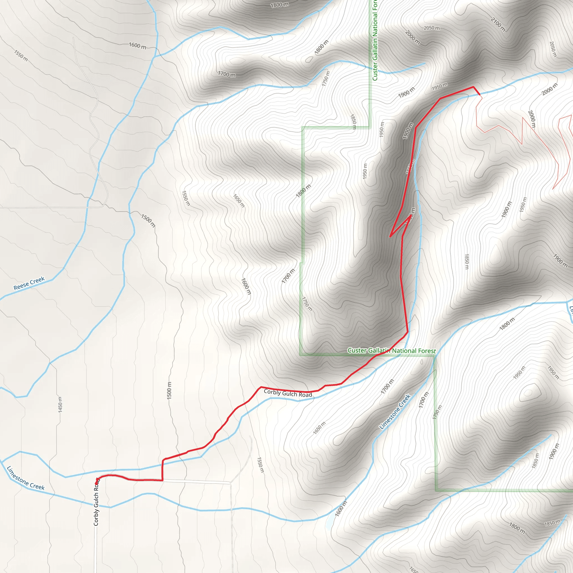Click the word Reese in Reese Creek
point(21,286)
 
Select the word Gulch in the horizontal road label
point(289,393)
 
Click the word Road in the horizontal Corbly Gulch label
point(306,395)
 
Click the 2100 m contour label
point(498,24)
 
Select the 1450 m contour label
point(60,404)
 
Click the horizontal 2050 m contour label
point(431,28)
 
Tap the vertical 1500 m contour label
point(169,390)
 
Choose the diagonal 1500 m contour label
point(148,221)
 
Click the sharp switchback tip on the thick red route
point(390,236)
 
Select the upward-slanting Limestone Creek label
point(395,412)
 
